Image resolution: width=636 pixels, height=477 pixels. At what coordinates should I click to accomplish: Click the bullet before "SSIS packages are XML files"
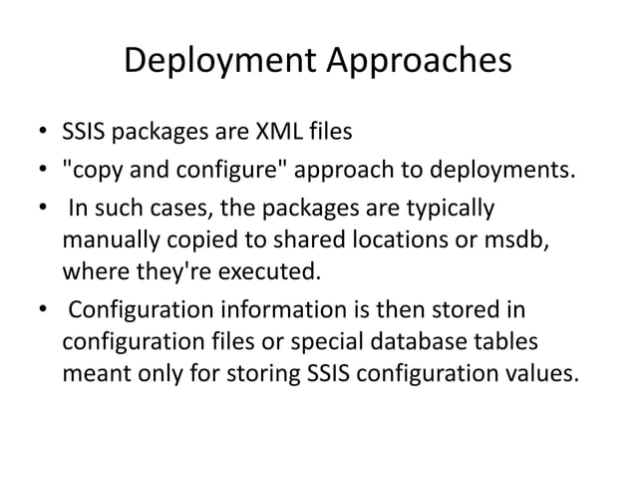click(35, 132)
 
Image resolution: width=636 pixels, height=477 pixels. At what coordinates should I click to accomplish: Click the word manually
click(108, 240)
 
